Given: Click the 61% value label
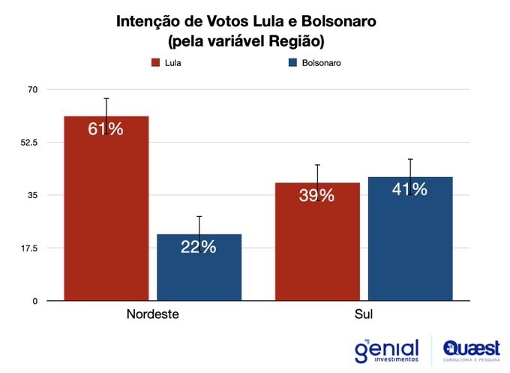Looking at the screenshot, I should coord(106,129).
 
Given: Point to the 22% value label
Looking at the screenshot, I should coord(199,246).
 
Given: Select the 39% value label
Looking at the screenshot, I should coord(316,195).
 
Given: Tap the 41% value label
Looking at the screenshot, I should coord(409,189).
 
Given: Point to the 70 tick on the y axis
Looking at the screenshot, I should coord(31,89).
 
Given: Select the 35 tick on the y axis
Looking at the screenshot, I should coord(31,195).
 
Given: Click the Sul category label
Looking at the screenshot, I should coord(364,314).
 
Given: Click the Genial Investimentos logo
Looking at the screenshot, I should coord(386,350).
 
